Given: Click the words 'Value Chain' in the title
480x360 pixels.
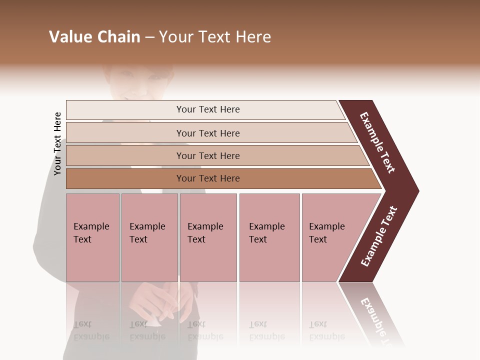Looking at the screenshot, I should point(94,37).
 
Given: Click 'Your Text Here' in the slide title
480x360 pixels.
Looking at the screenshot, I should point(215,37).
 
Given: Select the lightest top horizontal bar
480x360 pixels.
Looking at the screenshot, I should point(207,109).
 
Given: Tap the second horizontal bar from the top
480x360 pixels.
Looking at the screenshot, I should point(207,133).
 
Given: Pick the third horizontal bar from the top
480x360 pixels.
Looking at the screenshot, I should point(207,155).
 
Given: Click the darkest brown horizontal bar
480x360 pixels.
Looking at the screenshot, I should point(207,178).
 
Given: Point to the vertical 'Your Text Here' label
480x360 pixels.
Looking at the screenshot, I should point(57,143).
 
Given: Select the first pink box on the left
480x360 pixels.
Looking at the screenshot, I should point(92,237).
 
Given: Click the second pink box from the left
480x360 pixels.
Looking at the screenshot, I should point(149,237).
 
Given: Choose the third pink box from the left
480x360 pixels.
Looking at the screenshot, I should point(208,237).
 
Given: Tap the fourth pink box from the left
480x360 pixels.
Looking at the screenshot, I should point(269,237).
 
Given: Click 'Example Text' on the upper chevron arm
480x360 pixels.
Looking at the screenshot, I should point(377,142).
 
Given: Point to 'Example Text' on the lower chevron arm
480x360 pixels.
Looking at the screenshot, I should point(378,236).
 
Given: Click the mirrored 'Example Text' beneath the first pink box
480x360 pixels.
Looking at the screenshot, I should point(91,330).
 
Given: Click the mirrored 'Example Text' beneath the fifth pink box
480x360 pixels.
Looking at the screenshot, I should point(326,330).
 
